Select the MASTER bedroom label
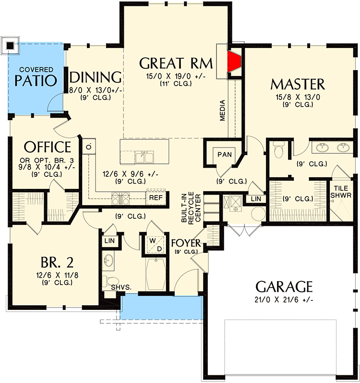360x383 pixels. [298, 84]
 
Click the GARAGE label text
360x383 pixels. [284, 287]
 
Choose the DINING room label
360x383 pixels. [95, 77]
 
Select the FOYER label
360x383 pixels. [185, 243]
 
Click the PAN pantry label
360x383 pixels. [225, 154]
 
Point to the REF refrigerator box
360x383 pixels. [155, 197]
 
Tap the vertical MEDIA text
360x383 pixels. [223, 111]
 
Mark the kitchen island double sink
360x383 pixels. [144, 157]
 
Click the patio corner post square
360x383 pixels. [10, 46]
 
